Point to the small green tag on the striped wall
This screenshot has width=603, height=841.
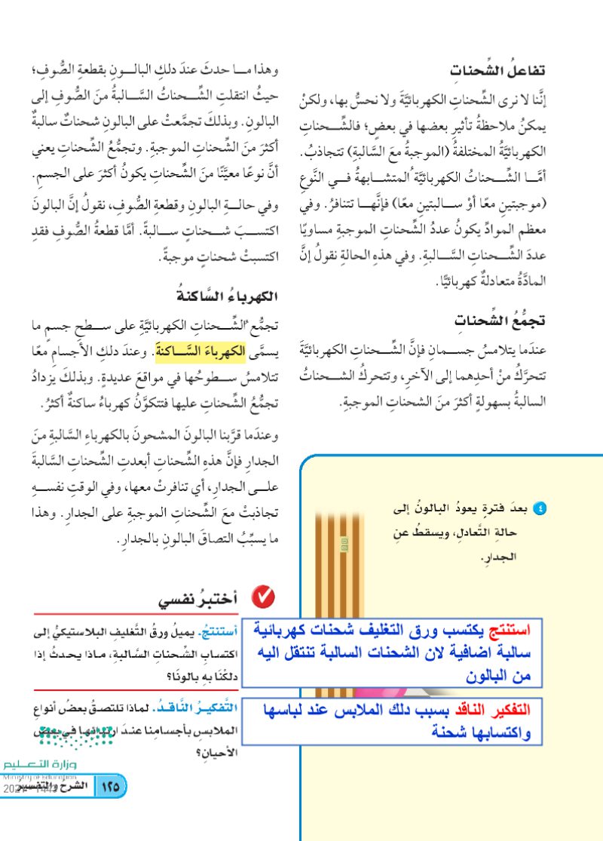(x=344, y=542)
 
